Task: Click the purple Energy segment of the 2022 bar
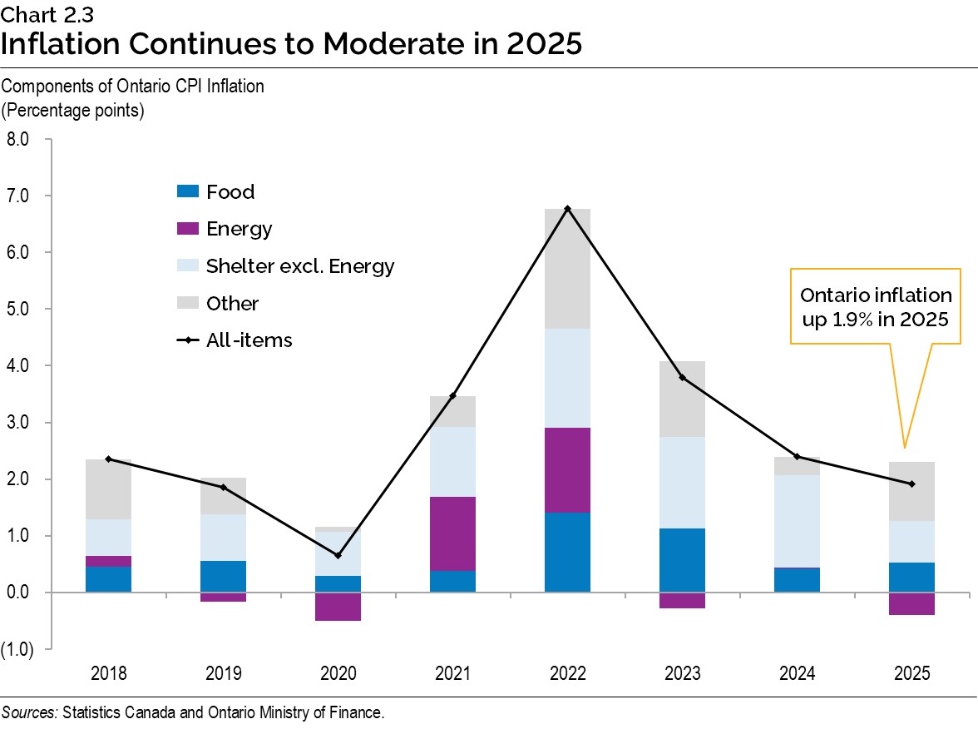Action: pyautogui.click(x=567, y=469)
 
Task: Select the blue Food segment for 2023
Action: pyautogui.click(x=682, y=559)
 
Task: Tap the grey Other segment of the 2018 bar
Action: pyautogui.click(x=108, y=489)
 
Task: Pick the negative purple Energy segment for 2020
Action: pyautogui.click(x=338, y=606)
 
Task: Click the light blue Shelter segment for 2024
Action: pyautogui.click(x=797, y=521)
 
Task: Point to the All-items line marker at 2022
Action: pyautogui.click(x=567, y=208)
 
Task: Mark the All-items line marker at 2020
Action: pyautogui.click(x=338, y=555)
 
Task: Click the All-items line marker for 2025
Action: pyautogui.click(x=911, y=484)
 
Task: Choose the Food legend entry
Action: pyautogui.click(x=230, y=191)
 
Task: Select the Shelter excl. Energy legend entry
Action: pyautogui.click(x=299, y=266)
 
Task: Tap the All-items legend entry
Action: pyautogui.click(x=249, y=340)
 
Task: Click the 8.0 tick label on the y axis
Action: pyautogui.click(x=17, y=139)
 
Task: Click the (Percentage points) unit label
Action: pyautogui.click(x=73, y=110)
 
